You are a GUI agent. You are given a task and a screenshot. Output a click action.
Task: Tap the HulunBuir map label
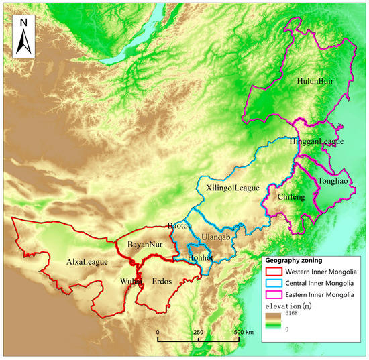click(x=315, y=81)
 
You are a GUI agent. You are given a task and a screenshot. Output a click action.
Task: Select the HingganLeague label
click(x=317, y=142)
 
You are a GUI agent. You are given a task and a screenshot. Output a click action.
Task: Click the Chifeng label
click(x=291, y=196)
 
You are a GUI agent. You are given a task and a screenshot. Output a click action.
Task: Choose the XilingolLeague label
click(x=232, y=189)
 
